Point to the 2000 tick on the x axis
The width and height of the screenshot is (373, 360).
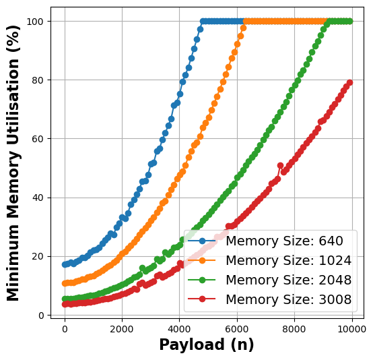[x=122, y=330]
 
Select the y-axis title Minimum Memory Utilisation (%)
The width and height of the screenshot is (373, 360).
[x=13, y=162]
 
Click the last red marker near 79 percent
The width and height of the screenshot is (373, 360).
[x=349, y=83]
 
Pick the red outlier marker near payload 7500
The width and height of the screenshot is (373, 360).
[x=280, y=165]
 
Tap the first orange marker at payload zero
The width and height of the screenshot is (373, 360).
[x=65, y=284]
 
